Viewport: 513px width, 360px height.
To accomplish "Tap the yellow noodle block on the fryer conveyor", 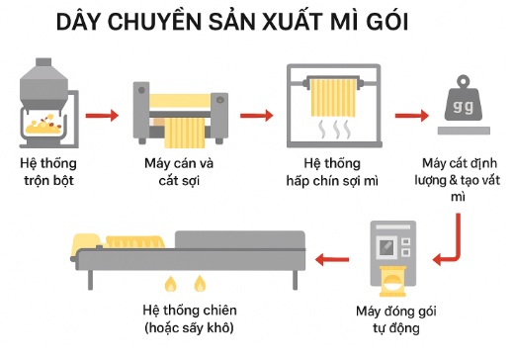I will [134, 240].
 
